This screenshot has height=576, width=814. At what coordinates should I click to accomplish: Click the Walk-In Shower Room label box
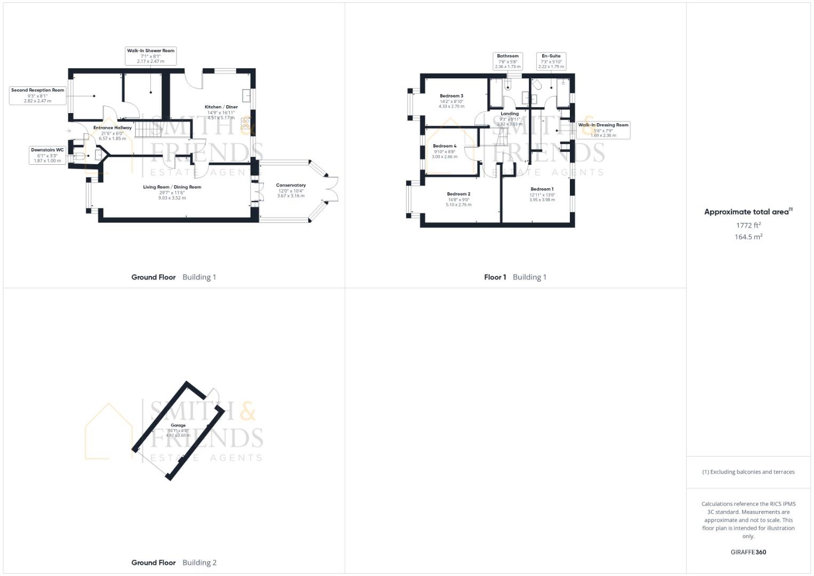pos(150,56)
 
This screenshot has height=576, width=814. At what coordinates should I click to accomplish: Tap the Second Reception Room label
pos(37,95)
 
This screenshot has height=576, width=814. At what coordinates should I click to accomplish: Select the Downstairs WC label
pos(47,155)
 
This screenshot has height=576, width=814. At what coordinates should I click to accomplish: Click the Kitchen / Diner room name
pos(221,107)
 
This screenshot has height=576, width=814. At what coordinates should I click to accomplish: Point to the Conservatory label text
pos(291,186)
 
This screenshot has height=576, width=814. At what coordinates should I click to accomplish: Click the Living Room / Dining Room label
pos(172,187)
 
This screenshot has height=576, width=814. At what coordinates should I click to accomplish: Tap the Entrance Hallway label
pos(112,128)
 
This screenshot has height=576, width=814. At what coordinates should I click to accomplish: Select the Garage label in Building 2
pos(178,426)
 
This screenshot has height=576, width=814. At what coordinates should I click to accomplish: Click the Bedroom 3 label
pos(451,96)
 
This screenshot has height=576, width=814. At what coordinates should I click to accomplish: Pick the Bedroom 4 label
pos(444,146)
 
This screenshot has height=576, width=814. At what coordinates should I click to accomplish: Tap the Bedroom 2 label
pos(458,194)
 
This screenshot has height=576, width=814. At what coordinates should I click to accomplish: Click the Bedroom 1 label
pos(542,189)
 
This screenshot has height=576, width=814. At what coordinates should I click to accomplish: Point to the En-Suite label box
pos(551,61)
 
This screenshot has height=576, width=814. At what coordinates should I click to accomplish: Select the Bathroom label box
pos(507,61)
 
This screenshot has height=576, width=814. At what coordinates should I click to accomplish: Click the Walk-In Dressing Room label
pos(603,130)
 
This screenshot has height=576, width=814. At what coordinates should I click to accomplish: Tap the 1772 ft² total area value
pos(748,226)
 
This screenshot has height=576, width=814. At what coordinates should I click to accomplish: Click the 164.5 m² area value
pos(748,237)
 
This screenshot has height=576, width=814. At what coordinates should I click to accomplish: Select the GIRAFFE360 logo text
pos(748,553)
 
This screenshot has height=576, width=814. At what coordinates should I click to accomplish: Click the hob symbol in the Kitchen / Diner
pos(246,124)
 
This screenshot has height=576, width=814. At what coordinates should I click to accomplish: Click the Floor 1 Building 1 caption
pos(515,277)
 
